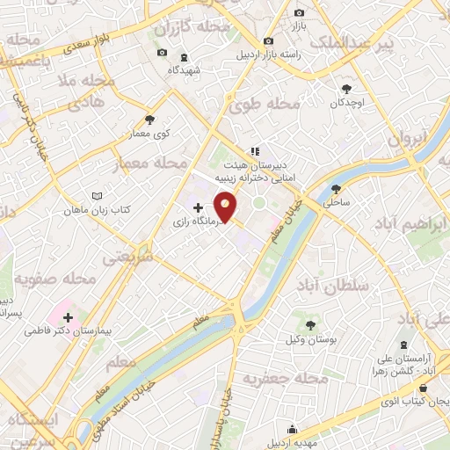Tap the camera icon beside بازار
coord(300,12)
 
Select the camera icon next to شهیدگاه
coord(161,54)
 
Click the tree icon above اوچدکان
coord(347,88)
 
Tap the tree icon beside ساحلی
coord(336,188)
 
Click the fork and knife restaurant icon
coord(255,151)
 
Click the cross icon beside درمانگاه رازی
coord(197,208)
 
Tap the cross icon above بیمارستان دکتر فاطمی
coord(68,315)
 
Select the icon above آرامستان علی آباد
coord(403,344)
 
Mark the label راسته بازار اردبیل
coord(270,54)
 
